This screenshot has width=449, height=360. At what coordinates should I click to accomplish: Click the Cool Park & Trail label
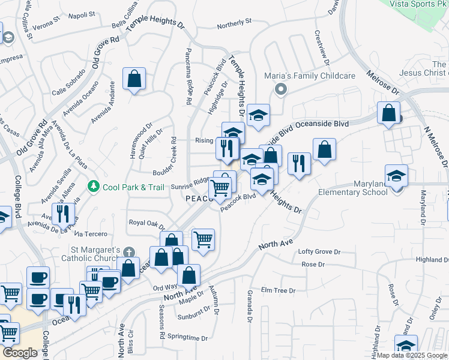pyautogui.click(x=133, y=187)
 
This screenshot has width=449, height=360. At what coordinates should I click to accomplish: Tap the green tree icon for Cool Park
pyautogui.click(x=93, y=187)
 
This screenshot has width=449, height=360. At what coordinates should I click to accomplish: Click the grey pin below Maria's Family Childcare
pyautogui.click(x=280, y=89)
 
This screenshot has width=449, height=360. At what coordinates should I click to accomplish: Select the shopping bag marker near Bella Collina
pyautogui.click(x=134, y=79)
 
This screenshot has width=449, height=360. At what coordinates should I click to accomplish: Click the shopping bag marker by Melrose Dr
pyautogui.click(x=389, y=112)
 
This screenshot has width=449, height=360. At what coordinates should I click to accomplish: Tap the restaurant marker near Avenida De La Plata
pyautogui.click(x=62, y=213)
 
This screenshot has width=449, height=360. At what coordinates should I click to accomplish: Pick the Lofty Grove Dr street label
pyautogui.click(x=319, y=252)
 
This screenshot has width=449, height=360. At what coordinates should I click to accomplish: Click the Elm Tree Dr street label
pyautogui.click(x=279, y=290)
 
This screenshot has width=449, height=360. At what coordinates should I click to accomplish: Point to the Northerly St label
pyautogui.click(x=234, y=23)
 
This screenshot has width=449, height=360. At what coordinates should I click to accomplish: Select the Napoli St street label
pyautogui.click(x=82, y=14)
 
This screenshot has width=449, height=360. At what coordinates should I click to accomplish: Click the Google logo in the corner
pyautogui.click(x=20, y=353)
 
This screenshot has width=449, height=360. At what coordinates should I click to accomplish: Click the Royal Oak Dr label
pyautogui.click(x=146, y=223)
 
